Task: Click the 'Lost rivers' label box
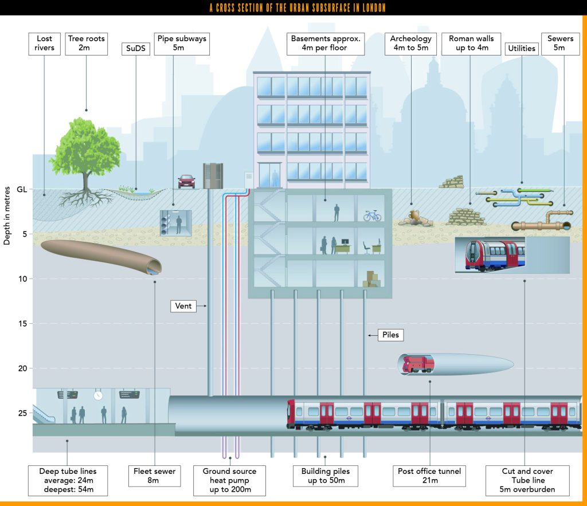click(x=44, y=44)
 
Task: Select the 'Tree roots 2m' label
click(x=87, y=44)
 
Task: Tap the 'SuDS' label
click(x=136, y=49)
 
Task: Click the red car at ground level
click(x=186, y=181)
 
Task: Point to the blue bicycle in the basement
click(x=372, y=215)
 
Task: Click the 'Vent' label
click(x=184, y=307)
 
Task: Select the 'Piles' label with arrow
click(x=391, y=335)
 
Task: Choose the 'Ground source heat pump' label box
click(x=229, y=481)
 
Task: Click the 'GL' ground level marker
click(x=22, y=189)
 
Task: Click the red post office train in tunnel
click(x=417, y=364)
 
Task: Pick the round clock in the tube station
click(x=98, y=395)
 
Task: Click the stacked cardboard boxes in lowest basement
click(x=371, y=279)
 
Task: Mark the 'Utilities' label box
click(x=521, y=49)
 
